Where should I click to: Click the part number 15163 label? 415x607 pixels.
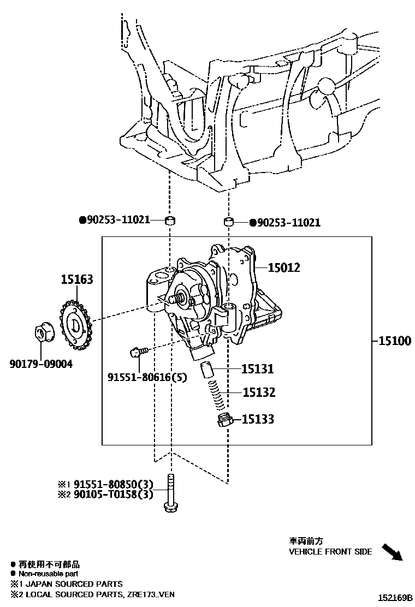click(x=76, y=279)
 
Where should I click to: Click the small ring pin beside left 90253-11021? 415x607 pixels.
click(x=171, y=221)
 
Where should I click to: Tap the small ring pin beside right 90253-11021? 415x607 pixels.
click(x=229, y=222)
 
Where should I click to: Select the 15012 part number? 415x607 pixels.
click(x=284, y=267)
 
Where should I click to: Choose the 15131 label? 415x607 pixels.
click(x=258, y=369)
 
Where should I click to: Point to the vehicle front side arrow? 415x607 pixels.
click(x=392, y=551)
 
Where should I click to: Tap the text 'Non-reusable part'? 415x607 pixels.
click(x=48, y=574)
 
